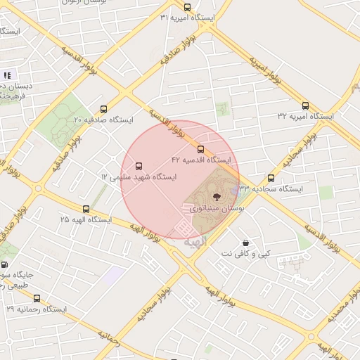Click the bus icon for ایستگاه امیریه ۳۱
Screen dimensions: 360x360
186,7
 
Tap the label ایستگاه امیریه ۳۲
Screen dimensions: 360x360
305,115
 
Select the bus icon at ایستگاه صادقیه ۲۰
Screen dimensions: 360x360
104,109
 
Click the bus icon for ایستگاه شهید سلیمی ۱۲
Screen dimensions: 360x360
139,167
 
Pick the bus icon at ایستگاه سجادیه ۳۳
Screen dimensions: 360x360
271,178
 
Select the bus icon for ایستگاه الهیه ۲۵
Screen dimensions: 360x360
86,209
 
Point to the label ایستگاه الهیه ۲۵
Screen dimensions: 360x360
86,219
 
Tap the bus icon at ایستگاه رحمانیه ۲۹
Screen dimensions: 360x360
37,298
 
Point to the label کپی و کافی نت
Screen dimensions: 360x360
245,252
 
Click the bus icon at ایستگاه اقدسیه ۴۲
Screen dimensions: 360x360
200,149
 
